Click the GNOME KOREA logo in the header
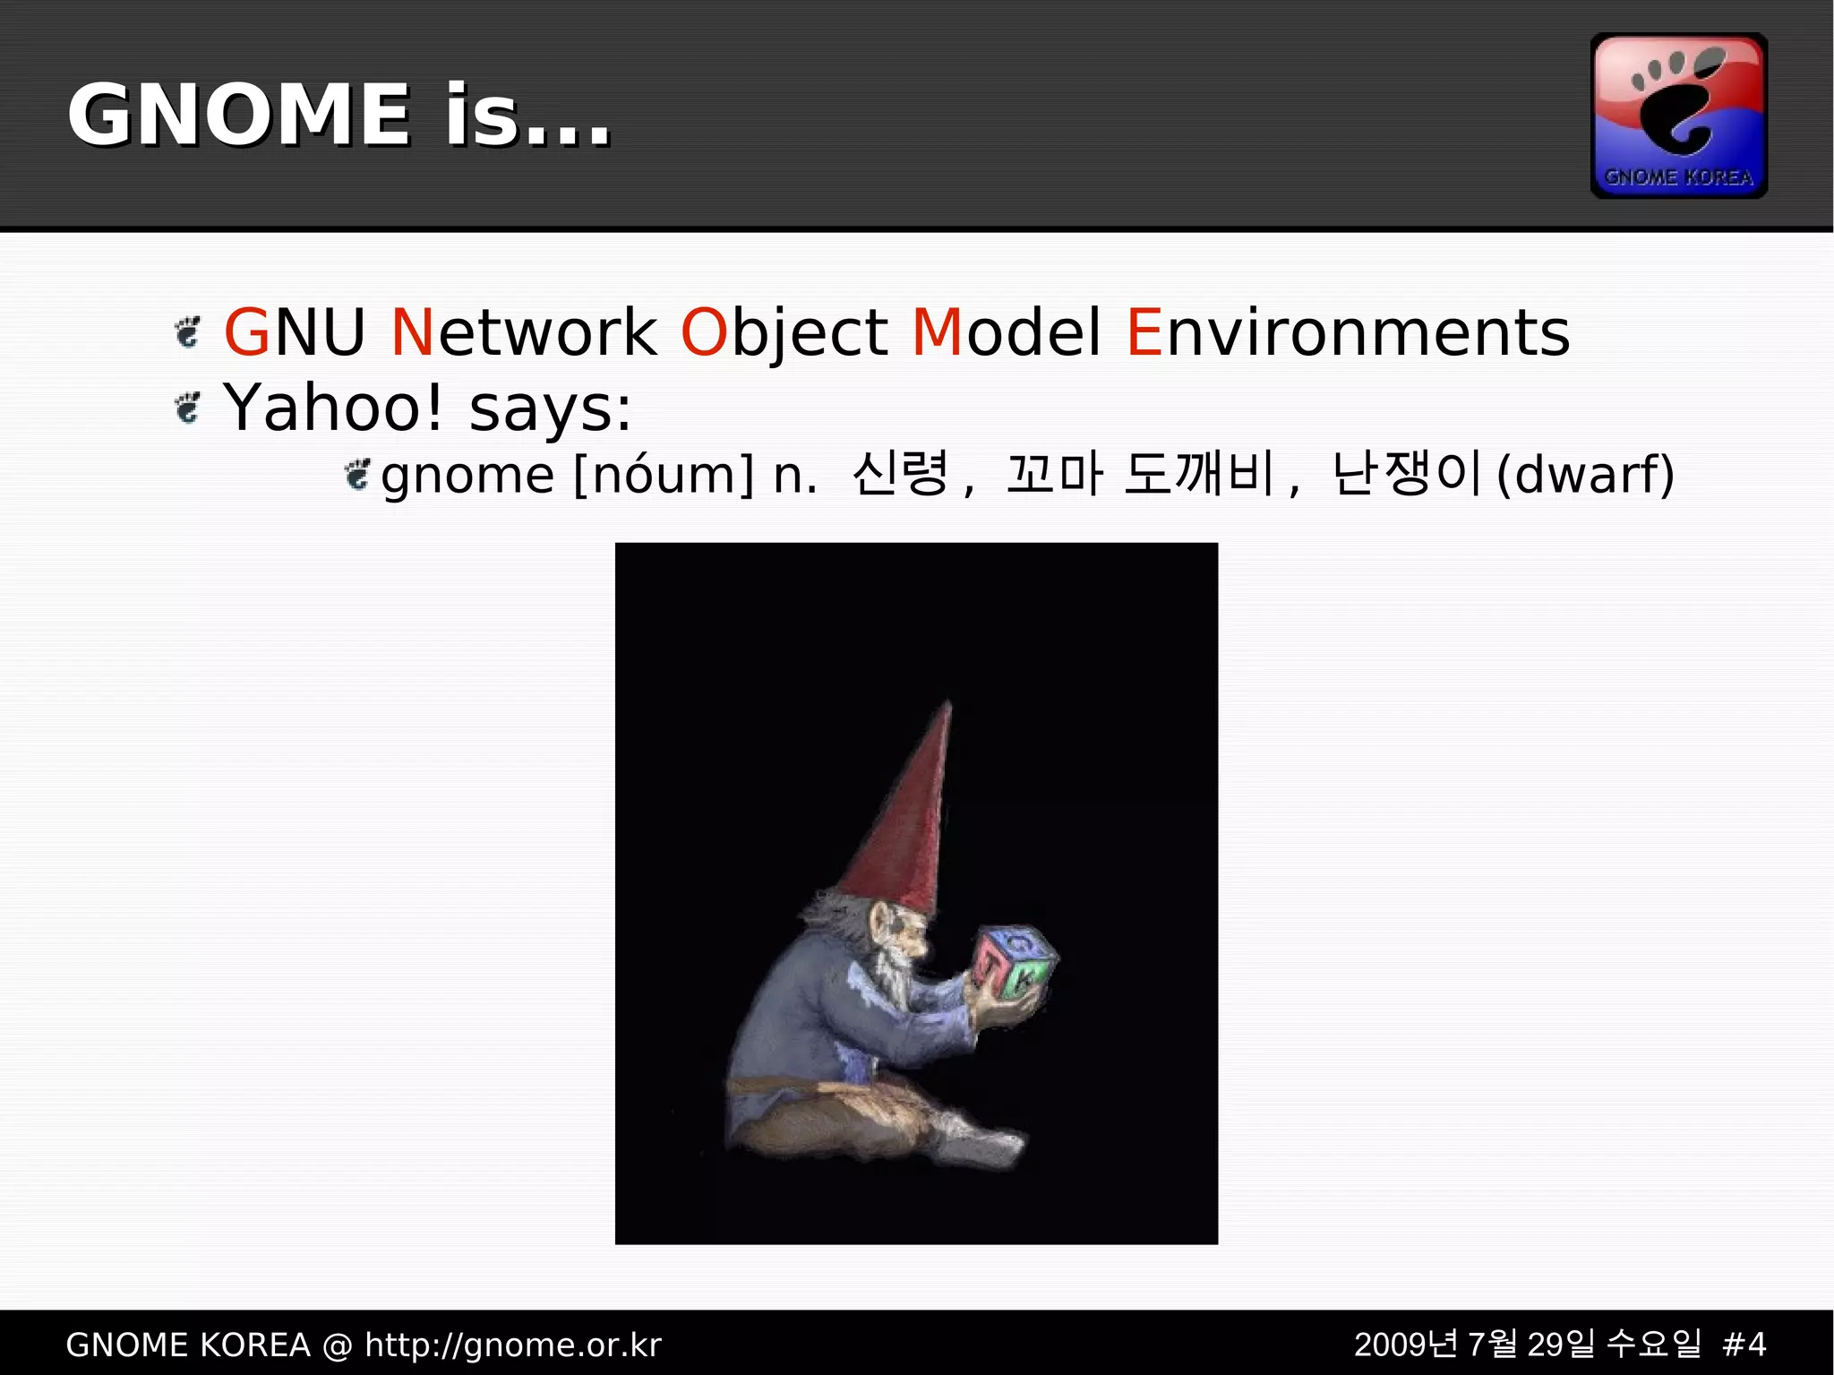(x=1678, y=116)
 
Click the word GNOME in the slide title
(x=239, y=115)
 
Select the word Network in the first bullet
(x=524, y=332)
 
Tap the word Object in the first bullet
(x=784, y=332)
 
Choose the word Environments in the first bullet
(x=1347, y=332)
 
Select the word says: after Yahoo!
(x=550, y=409)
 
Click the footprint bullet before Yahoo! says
(x=187, y=408)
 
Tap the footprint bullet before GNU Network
(x=187, y=332)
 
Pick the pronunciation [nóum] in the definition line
(x=663, y=475)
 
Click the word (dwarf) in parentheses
(x=1585, y=474)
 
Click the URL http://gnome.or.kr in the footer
(x=513, y=1345)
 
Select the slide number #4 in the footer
(x=1744, y=1345)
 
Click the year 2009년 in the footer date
(x=1406, y=1345)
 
